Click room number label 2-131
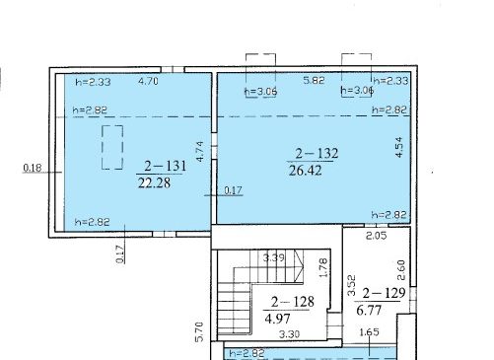click(x=166, y=166)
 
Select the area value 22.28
click(x=154, y=182)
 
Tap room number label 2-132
click(x=317, y=153)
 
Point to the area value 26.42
click(x=306, y=171)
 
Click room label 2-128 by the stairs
click(x=293, y=302)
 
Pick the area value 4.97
click(x=277, y=319)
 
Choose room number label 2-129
click(x=384, y=293)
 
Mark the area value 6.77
click(x=369, y=310)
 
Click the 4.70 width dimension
click(x=148, y=81)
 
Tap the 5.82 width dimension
click(x=314, y=80)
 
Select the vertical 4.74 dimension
click(x=200, y=151)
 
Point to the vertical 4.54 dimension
click(x=398, y=147)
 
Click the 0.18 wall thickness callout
click(x=33, y=168)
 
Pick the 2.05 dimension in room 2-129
click(x=377, y=236)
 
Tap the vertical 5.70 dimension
click(x=199, y=331)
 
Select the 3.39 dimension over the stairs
click(x=274, y=257)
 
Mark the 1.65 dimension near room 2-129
click(x=370, y=332)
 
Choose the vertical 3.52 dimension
click(x=351, y=285)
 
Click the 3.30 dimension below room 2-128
click(x=289, y=334)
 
